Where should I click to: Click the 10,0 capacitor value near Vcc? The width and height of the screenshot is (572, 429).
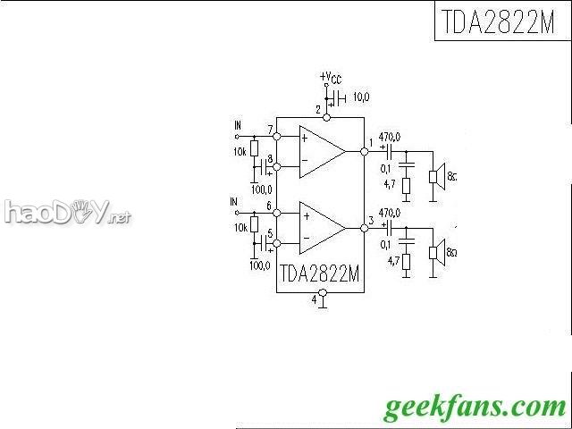pos(362,96)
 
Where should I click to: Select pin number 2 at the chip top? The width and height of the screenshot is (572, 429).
pos(317,109)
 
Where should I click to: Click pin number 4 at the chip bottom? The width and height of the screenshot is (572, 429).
pos(314,300)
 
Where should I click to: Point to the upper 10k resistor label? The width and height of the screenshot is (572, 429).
pos(239,153)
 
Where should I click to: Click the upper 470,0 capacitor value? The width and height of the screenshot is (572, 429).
pos(390,135)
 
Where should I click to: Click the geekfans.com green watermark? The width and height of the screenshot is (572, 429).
pos(475,408)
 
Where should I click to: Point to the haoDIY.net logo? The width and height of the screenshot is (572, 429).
pos(67,213)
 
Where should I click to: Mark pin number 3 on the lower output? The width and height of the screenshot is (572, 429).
pos(371,221)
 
